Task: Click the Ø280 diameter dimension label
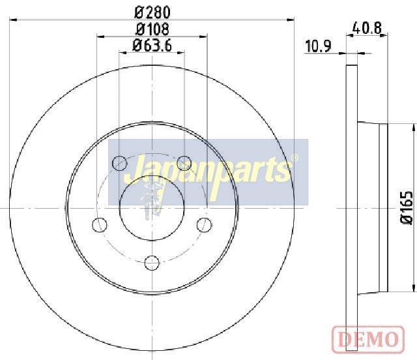pos(152,12)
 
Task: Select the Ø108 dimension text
pos(152,29)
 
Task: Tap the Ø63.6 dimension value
pos(152,46)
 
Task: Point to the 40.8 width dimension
pos(367,27)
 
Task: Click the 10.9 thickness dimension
pos(318,46)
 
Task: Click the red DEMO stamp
pos(368,340)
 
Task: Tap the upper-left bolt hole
pos(119,163)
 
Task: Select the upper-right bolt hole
pos(184,163)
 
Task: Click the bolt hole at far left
pos(100,225)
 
